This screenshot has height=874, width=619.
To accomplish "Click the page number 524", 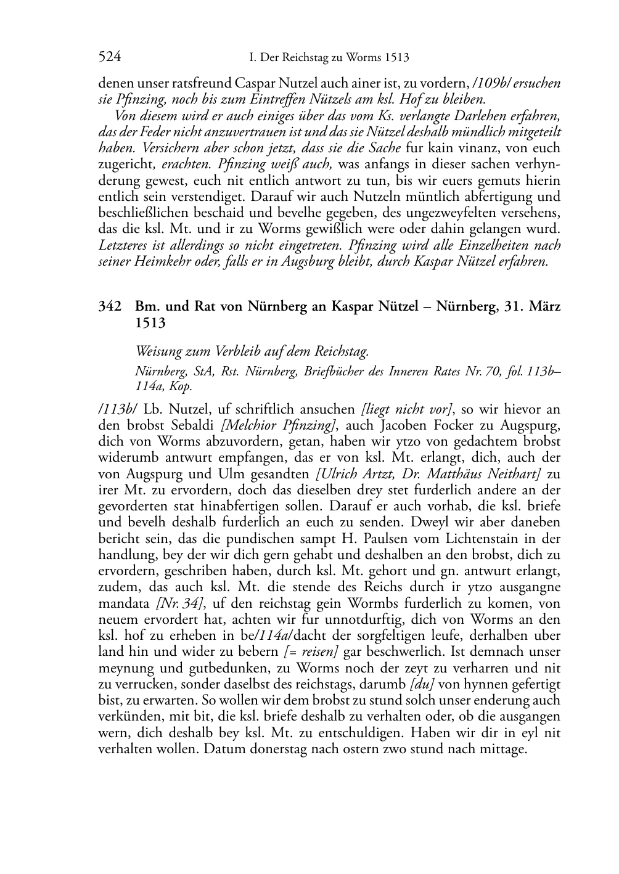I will click(x=109, y=57).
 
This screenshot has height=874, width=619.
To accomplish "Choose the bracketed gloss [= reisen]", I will click(x=311, y=652).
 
